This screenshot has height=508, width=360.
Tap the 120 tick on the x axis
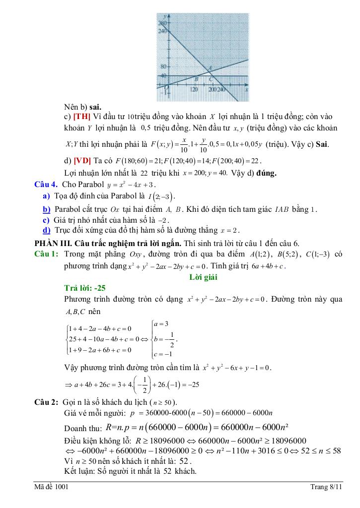194,89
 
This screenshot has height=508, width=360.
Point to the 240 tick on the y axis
162,30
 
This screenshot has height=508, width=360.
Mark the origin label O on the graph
167,87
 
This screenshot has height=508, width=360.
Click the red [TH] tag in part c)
81,117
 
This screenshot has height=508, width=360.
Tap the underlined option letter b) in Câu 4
47,209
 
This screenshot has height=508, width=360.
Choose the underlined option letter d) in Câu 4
47,230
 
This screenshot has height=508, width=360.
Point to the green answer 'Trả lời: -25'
85,288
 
